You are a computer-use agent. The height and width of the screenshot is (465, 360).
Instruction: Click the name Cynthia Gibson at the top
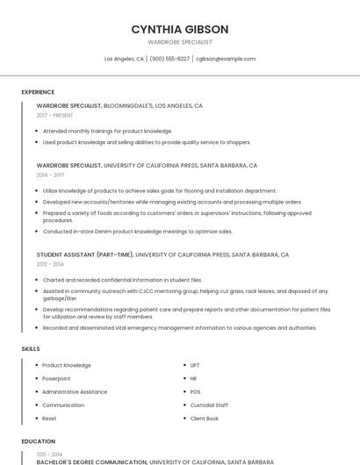pyautogui.click(x=179, y=29)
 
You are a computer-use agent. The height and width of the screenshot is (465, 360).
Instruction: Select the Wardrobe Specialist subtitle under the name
pyautogui.click(x=179, y=42)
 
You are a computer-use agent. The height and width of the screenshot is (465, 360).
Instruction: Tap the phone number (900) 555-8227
pyautogui.click(x=169, y=59)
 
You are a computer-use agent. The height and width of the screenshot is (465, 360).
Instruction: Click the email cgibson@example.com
pyautogui.click(x=226, y=59)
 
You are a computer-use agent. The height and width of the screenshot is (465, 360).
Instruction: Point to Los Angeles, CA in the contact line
pyautogui.click(x=124, y=59)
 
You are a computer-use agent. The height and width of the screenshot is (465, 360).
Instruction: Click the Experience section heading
pyautogui.click(x=38, y=91)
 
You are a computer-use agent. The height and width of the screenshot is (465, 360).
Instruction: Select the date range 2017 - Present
pyautogui.click(x=54, y=115)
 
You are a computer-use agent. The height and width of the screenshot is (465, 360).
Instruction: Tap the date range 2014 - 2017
pyautogui.click(x=50, y=175)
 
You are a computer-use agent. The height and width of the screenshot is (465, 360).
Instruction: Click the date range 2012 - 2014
pyautogui.click(x=50, y=263)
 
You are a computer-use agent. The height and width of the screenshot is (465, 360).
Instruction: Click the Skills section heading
pyautogui.click(x=31, y=348)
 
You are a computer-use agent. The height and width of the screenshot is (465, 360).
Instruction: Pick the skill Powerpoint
pyautogui.click(x=56, y=378)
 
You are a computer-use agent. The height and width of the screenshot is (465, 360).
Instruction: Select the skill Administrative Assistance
pyautogui.click(x=74, y=391)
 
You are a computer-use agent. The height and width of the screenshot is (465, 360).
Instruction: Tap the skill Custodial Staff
pyautogui.click(x=209, y=404)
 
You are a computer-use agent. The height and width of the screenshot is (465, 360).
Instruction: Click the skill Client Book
pyautogui.click(x=205, y=418)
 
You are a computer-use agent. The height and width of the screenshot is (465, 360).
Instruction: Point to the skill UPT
pyautogui.click(x=195, y=365)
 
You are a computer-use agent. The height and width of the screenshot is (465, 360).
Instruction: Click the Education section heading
pyautogui.click(x=38, y=441)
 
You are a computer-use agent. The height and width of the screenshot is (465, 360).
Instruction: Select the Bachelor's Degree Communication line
pyautogui.click(x=91, y=461)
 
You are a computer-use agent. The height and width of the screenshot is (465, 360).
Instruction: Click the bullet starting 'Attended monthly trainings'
pyautogui.click(x=107, y=131)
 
